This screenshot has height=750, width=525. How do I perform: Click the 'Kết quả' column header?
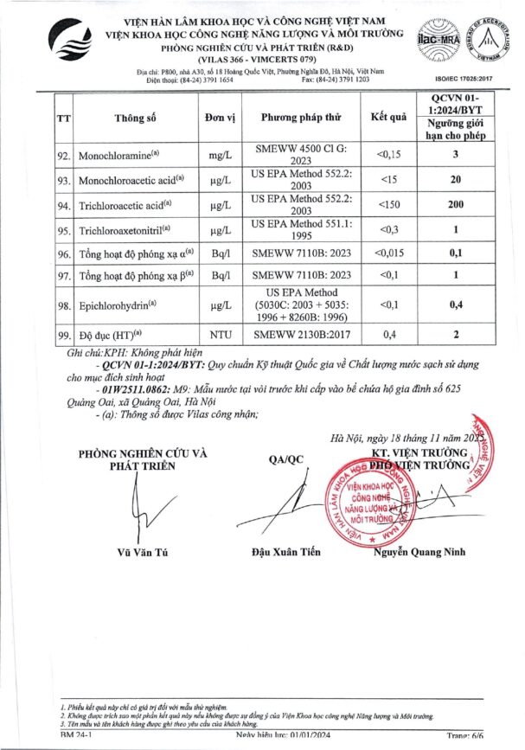pyautogui.click(x=388, y=117)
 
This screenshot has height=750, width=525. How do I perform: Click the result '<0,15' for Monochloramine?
pyautogui.click(x=388, y=156)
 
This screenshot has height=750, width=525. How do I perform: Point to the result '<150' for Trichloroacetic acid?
pyautogui.click(x=388, y=205)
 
